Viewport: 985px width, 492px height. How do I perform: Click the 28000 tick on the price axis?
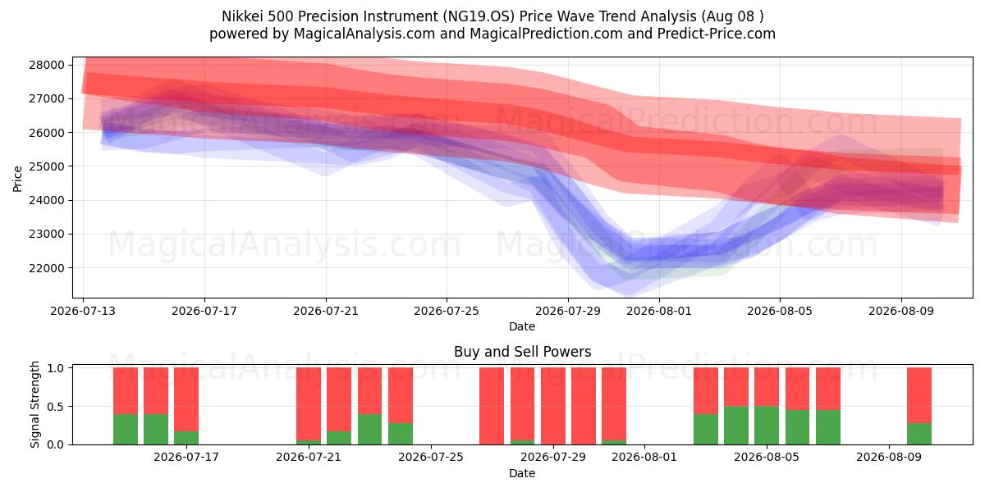click(47, 65)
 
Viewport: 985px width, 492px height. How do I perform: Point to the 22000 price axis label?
click(47, 268)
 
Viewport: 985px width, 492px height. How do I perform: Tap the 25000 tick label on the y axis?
click(47, 166)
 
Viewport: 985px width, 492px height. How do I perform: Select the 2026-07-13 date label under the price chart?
click(83, 311)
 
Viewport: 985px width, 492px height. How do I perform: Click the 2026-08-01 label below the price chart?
click(658, 311)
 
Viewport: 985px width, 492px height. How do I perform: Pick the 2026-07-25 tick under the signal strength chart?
click(431, 457)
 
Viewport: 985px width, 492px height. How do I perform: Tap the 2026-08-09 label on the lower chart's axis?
click(889, 457)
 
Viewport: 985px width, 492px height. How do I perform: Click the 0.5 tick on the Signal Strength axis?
click(56, 407)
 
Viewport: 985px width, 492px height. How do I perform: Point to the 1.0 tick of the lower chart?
click(56, 368)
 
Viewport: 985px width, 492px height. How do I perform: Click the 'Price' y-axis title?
click(17, 179)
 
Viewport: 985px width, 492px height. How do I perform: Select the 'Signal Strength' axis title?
click(34, 404)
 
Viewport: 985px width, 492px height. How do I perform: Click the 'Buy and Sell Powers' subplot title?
click(522, 352)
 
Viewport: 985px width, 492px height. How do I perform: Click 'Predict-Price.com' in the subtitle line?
click(717, 34)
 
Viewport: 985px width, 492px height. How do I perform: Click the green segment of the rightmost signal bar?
click(919, 434)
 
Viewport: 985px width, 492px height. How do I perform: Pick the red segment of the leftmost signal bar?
click(126, 391)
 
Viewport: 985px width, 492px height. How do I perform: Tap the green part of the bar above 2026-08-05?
click(767, 426)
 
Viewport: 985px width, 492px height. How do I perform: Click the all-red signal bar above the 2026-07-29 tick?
click(553, 406)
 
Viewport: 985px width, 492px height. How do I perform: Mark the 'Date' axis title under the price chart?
click(522, 326)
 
